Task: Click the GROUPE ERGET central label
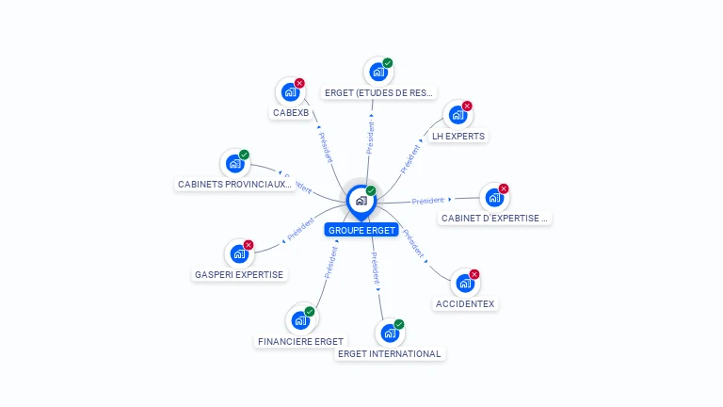[361, 230]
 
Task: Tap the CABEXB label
[290, 113]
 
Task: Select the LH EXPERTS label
[458, 136]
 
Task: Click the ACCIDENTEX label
[465, 304]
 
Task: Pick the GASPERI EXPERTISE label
[239, 275]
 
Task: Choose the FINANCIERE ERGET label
[300, 341]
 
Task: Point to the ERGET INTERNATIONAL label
[389, 354]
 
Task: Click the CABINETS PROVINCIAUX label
[235, 185]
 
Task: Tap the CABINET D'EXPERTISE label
[494, 219]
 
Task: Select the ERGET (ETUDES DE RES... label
[378, 93]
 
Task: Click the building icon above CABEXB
[290, 92]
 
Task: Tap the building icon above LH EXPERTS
[458, 115]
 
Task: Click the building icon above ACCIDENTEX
[464, 283]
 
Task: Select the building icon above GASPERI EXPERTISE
[239, 254]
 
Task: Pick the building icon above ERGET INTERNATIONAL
[389, 333]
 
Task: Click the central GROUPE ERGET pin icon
[361, 201]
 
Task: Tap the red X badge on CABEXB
[299, 83]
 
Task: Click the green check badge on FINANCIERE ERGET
[310, 312]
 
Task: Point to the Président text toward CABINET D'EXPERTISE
[427, 201]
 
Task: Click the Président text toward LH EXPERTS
[410, 158]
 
